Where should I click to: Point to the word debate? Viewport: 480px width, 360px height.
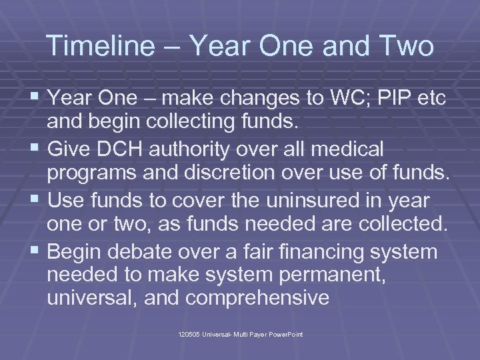(x=151, y=252)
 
